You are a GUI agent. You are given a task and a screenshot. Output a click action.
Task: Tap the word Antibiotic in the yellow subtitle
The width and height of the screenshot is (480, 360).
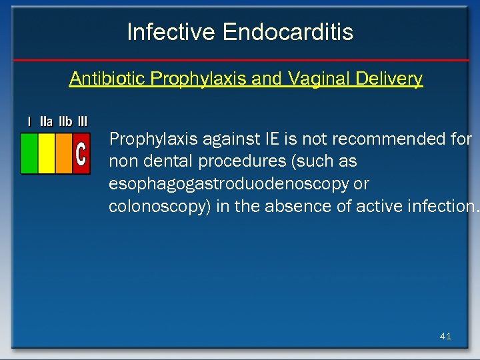pos(107,79)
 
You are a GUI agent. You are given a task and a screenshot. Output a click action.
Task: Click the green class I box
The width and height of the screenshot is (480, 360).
pos(29,153)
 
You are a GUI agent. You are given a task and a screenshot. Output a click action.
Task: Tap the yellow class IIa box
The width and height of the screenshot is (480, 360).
pos(47,153)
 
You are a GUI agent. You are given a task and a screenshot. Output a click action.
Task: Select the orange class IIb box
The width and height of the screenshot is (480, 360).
pos(63,153)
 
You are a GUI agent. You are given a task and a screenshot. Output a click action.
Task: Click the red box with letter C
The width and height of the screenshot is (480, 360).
pos(81,153)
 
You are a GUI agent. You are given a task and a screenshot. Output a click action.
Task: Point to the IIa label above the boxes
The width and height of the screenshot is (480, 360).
pos(47,122)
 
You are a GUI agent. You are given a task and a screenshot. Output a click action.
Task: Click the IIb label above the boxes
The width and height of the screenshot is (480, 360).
pos(65,122)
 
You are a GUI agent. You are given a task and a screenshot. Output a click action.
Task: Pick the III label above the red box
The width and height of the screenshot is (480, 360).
pos(83,122)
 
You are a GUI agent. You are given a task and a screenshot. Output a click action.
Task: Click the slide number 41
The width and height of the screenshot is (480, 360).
pos(445,336)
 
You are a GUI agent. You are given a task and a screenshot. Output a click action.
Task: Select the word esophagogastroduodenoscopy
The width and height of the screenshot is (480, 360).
pos(229,184)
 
